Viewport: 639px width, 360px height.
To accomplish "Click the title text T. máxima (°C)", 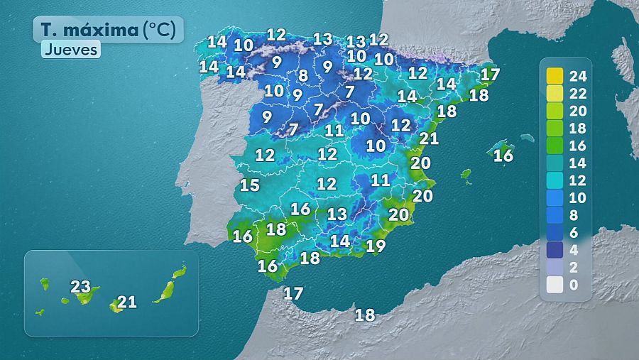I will point(108,30).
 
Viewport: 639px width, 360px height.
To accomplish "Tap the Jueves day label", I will point(70,50).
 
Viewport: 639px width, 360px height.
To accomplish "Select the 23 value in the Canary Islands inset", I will point(80,288).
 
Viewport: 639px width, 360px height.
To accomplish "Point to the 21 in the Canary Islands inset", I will point(127,302).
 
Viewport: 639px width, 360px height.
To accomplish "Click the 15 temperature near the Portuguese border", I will point(249,186).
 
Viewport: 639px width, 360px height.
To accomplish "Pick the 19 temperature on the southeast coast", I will point(376,246).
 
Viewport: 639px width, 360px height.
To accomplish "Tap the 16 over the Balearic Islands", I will point(503,156).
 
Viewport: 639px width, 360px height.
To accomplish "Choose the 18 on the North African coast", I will point(365,315).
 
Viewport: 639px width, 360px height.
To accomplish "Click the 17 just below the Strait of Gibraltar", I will point(293,293).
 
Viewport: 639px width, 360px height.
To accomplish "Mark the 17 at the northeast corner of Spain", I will point(490,74).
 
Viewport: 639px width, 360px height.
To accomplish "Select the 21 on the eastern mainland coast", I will point(429,138).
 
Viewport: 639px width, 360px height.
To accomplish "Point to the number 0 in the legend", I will point(575,285).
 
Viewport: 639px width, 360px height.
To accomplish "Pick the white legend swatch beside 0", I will point(555,285).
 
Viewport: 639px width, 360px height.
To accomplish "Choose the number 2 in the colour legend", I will point(575,268).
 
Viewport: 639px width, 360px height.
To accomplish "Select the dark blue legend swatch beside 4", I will point(555,250).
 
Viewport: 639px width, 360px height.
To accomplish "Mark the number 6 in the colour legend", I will point(575,232).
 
